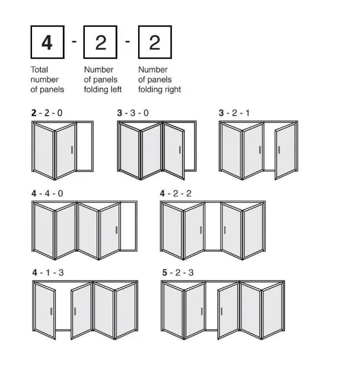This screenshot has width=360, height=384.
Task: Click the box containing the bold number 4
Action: pyautogui.click(x=47, y=43)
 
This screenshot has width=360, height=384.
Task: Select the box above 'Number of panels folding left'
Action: pyautogui.click(x=101, y=43)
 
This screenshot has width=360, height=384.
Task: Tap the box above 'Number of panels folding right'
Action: pyautogui.click(x=155, y=43)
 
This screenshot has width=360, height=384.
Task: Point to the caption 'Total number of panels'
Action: pyautogui.click(x=47, y=80)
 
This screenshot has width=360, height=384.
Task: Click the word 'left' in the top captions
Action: pyautogui.click(x=116, y=90)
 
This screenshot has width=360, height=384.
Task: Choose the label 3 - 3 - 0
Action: pyautogui.click(x=133, y=112)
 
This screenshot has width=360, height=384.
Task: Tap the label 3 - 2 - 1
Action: pyautogui.click(x=234, y=112)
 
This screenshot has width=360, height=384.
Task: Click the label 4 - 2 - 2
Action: pyautogui.click(x=176, y=193)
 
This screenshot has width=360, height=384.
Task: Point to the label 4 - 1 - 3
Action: pyautogui.click(x=48, y=272)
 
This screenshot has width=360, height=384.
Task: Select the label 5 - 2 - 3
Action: pyautogui.click(x=177, y=272)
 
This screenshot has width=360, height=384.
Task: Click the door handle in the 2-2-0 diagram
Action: pyautogui.click(x=72, y=150)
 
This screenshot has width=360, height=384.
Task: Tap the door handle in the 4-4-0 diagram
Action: pyautogui.click(x=117, y=230)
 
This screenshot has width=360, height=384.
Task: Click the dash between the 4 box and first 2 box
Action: pyautogui.click(x=74, y=42)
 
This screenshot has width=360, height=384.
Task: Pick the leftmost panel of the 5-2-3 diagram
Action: pyautogui.click(x=174, y=310)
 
